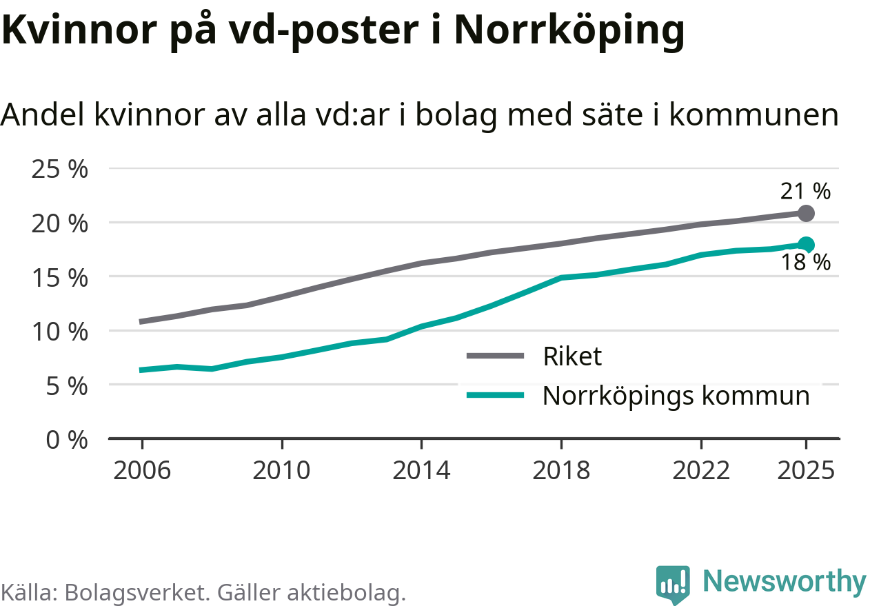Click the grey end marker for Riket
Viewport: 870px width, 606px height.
[x=806, y=213]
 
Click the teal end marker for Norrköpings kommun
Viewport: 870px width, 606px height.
[x=806, y=244]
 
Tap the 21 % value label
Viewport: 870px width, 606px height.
[x=805, y=191]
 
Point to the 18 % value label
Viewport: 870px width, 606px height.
[x=805, y=263]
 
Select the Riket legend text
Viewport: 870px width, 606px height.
[x=572, y=356]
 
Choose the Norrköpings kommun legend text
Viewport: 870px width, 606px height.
[x=676, y=396]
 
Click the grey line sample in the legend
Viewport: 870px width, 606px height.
[x=495, y=356]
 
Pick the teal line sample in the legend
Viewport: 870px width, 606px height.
[x=495, y=395]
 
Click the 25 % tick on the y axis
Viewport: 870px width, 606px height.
[x=60, y=169]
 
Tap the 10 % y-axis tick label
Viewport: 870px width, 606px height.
[x=60, y=332]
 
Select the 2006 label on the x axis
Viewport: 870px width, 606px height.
[x=142, y=471]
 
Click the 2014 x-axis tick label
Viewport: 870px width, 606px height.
[x=421, y=471]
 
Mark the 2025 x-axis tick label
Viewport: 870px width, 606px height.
[x=805, y=471]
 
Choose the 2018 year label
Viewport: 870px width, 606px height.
[x=561, y=471]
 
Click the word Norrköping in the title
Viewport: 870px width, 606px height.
[x=569, y=30]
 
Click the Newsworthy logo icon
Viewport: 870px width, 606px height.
[x=672, y=584]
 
